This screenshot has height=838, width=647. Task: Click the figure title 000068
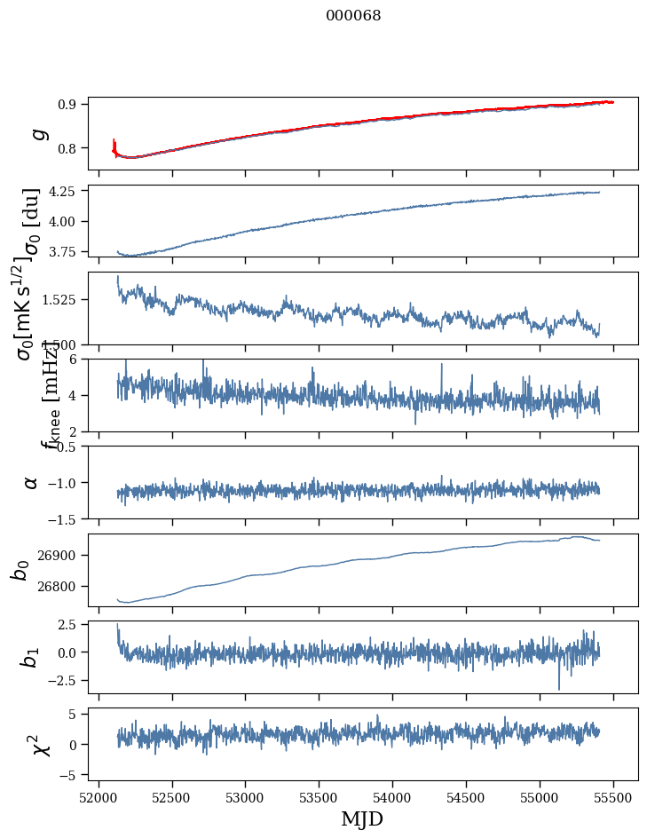click(x=353, y=16)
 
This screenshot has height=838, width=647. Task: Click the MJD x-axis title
click(x=362, y=818)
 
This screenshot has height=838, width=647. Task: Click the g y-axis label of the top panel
click(x=37, y=134)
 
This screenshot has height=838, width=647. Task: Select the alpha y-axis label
click(x=32, y=482)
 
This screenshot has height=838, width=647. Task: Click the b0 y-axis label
click(x=20, y=570)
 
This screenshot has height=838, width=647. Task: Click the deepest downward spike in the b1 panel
click(x=559, y=688)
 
